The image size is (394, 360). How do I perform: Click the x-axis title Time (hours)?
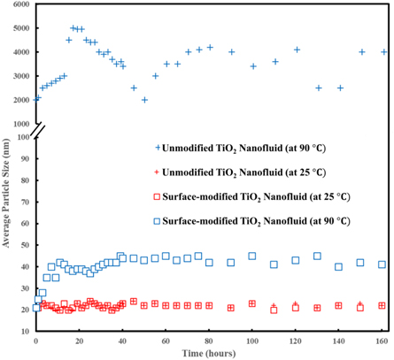[210, 352]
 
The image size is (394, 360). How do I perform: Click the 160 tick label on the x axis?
[382, 340]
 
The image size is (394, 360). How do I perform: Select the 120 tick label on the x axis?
[295, 340]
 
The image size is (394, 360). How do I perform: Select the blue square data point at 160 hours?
[382, 264]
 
